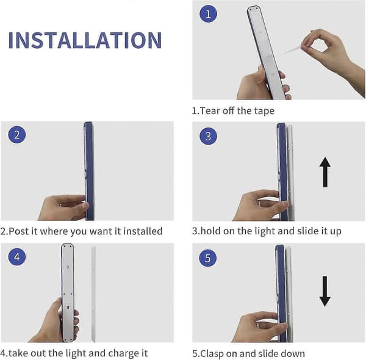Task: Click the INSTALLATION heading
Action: point(85,40)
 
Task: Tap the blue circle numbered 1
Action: point(208,14)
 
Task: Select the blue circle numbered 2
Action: point(17,135)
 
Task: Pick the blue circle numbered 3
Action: point(208,136)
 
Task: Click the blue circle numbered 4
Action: point(17,256)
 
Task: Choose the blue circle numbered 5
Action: point(208,258)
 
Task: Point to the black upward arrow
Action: point(325,172)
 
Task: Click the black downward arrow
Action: point(325,291)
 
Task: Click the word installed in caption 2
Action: point(143,231)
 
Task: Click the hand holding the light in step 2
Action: point(63,207)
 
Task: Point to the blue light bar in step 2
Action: point(89,171)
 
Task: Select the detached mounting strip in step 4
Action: point(93,293)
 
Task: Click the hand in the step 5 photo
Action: point(260,327)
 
